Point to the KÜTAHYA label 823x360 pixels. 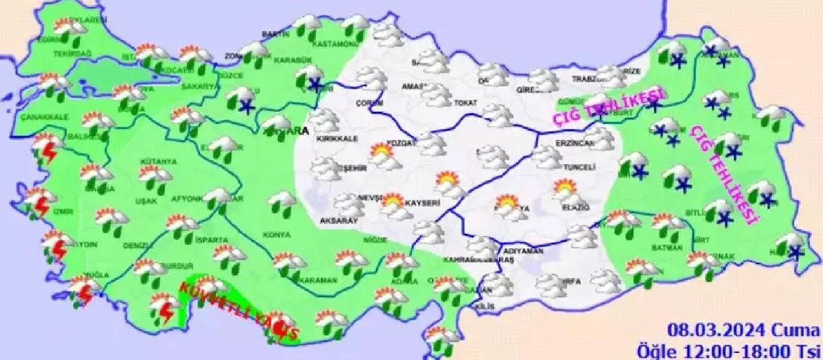click(x=154, y=162)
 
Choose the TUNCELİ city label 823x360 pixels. click(x=577, y=167)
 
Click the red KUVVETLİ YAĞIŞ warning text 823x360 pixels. click(x=238, y=310)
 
